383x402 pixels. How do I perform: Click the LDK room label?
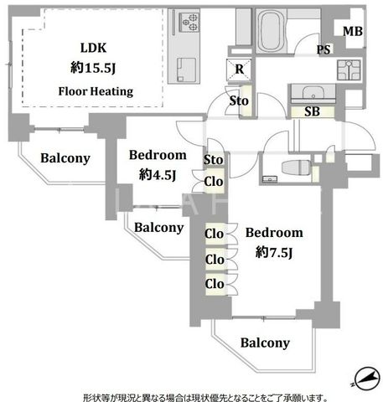(x=93, y=48)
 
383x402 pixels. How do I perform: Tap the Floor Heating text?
(x=96, y=91)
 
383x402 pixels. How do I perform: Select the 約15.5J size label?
(x=93, y=68)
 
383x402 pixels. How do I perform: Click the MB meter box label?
(x=353, y=31)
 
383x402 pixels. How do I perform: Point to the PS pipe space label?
(x=323, y=49)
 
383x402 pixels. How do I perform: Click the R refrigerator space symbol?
(x=239, y=70)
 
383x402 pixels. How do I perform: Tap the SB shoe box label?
(x=312, y=112)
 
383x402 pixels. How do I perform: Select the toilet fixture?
(x=296, y=167)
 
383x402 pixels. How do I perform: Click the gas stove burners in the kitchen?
(x=189, y=22)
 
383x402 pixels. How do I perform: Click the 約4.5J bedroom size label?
(x=158, y=175)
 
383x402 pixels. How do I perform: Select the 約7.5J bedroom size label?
(x=274, y=253)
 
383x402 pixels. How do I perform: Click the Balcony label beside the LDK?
(x=65, y=158)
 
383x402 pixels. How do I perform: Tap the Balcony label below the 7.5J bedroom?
(x=265, y=343)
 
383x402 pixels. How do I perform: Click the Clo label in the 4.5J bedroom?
(x=214, y=182)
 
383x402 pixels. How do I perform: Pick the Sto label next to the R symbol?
(x=239, y=100)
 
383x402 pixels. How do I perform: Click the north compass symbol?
(x=366, y=379)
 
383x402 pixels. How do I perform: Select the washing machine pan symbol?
(x=349, y=70)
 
